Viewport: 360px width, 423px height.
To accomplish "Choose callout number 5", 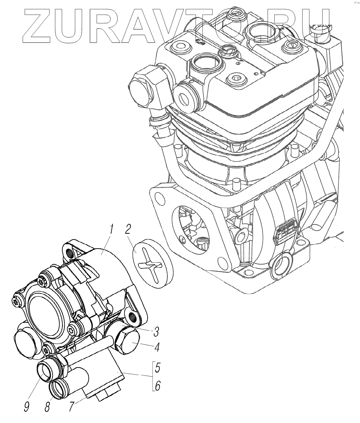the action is tap(157, 368).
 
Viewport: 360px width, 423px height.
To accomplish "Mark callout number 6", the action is tap(157, 387).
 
